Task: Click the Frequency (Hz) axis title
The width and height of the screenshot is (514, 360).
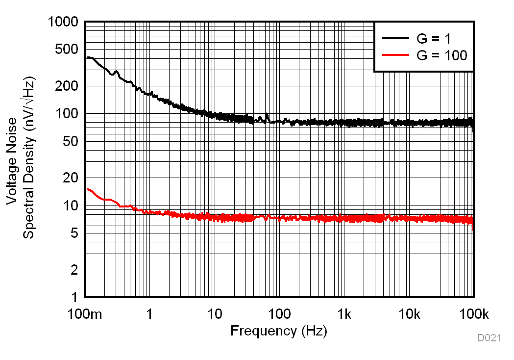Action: [278, 331]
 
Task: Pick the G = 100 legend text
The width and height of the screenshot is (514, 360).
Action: [442, 55]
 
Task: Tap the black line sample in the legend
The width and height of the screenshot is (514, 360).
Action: [395, 38]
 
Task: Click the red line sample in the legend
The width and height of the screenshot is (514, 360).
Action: [395, 55]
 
